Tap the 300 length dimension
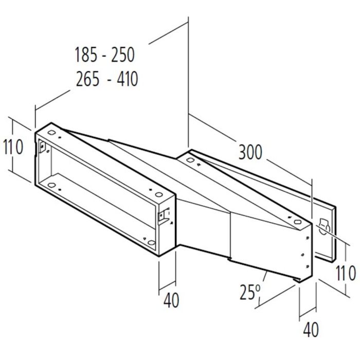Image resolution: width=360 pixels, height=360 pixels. pos(250,152)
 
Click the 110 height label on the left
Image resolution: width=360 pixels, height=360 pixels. pos(13,148)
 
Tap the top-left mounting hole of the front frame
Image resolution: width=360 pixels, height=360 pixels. pos(51,132)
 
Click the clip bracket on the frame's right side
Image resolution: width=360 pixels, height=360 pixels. pos(166,216)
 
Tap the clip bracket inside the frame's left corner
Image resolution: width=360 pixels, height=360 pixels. pos(42,148)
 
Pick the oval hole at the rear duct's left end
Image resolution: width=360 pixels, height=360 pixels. pos(191,161)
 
